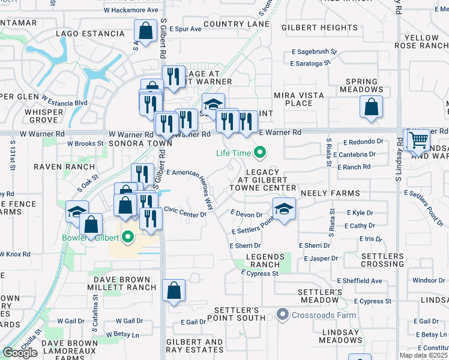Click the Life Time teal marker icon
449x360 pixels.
click(259, 153)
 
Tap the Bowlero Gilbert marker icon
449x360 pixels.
click(127, 238)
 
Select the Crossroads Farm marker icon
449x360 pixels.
click(282, 314)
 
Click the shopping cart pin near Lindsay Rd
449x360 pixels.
click(418, 140)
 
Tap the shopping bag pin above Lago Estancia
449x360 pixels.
click(145, 30)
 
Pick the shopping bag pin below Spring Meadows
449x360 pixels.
click(372, 107)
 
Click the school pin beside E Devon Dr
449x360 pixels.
click(284, 209)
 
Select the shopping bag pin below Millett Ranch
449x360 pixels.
click(173, 291)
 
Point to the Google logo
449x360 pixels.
click(20, 352)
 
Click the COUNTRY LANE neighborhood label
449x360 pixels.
click(236, 24)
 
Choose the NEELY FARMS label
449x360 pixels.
click(330, 193)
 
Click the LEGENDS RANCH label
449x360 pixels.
click(263, 260)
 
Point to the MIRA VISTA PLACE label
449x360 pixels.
click(298, 99)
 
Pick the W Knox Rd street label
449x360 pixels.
click(15, 254)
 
